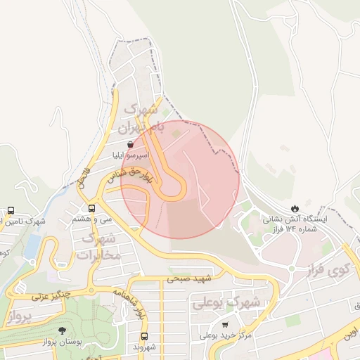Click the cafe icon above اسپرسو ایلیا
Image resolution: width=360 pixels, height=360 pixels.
131,144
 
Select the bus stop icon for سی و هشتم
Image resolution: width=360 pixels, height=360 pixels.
92,208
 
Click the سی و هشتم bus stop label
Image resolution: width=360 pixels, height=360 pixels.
92,219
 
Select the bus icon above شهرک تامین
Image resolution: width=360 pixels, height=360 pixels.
11,210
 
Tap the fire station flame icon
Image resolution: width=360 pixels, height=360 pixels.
294,208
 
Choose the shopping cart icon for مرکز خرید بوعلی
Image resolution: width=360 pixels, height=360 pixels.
225,325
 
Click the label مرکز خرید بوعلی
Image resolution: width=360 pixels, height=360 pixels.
226,336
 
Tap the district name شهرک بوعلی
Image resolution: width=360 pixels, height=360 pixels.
226,304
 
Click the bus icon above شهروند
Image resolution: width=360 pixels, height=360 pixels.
144,336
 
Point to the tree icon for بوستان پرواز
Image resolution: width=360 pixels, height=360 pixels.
63,330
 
